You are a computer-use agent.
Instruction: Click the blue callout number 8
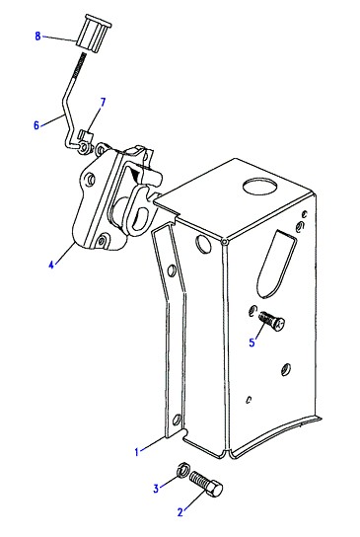pyautogui.click(x=37, y=36)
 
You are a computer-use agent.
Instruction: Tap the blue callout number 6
pyautogui.click(x=36, y=125)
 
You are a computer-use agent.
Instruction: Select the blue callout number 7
pyautogui.click(x=103, y=102)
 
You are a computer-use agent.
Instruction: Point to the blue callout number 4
pyautogui.click(x=51, y=265)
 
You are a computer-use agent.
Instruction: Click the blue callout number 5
pyautogui.click(x=252, y=343)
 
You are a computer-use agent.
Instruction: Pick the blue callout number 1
pyautogui.click(x=137, y=452)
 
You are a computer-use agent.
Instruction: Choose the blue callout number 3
pyautogui.click(x=156, y=489)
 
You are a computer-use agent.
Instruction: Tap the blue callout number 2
pyautogui.click(x=180, y=512)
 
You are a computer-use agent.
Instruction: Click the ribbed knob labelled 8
pyautogui.click(x=93, y=34)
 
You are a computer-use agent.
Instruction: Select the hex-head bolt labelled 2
pyautogui.click(x=206, y=484)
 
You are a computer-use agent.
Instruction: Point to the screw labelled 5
pyautogui.click(x=272, y=320)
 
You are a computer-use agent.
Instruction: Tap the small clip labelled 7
pyautogui.click(x=86, y=135)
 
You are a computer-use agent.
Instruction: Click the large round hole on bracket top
pyautogui.click(x=259, y=187)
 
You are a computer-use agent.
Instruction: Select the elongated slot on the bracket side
pyautogui.click(x=276, y=263)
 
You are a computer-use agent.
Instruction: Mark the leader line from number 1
pyautogui.click(x=152, y=444)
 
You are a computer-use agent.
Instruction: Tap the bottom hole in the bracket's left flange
pyautogui.click(x=177, y=420)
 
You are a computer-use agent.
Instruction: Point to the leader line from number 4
pyautogui.click(x=65, y=252)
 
